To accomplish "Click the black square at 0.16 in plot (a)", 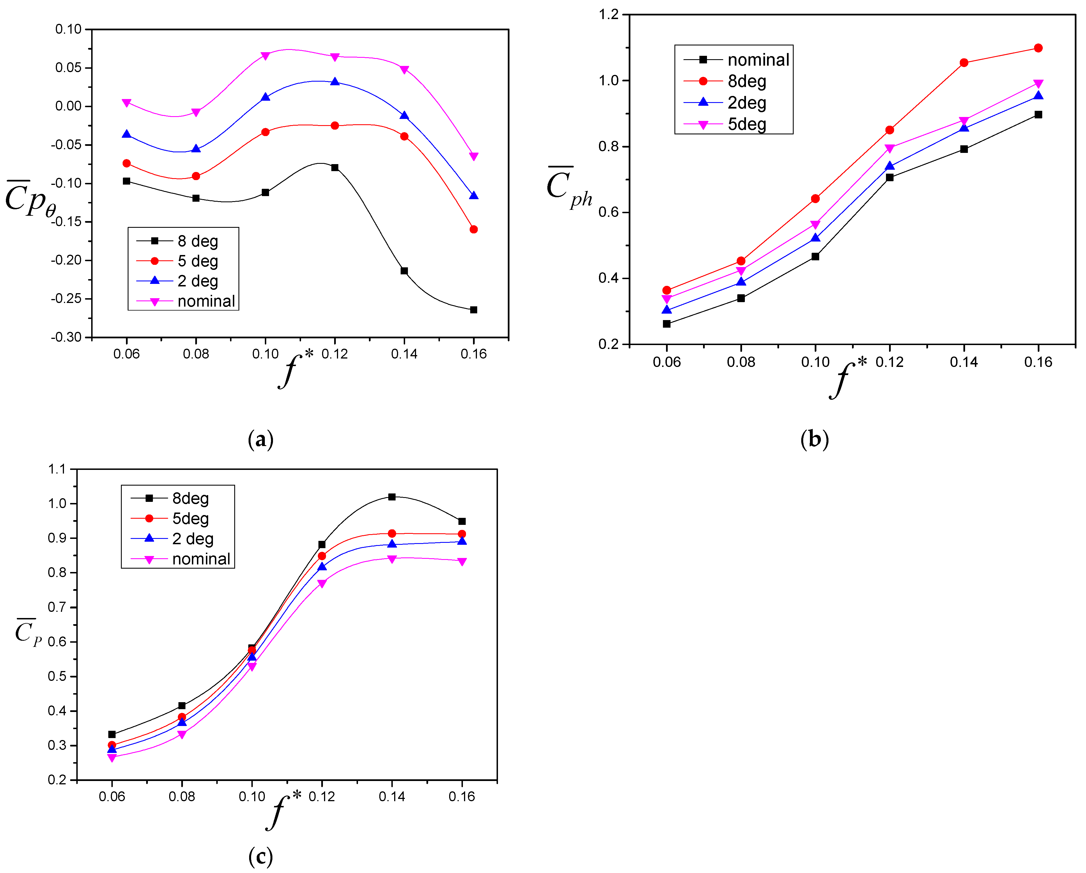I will coord(474,310).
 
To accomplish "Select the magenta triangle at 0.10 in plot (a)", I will coord(265,56).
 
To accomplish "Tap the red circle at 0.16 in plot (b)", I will coord(1038,48).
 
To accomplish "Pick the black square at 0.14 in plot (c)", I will coord(392,497).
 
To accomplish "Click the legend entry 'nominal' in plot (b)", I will coord(758,60).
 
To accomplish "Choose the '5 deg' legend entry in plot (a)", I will coord(198,261).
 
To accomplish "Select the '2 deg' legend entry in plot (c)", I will coord(192,539).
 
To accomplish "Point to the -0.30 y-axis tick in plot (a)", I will coord(66,337).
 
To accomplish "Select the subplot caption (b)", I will coord(814,439).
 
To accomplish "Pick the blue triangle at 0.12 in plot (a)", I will coord(335,82).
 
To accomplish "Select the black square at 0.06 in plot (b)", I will coord(666,324).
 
